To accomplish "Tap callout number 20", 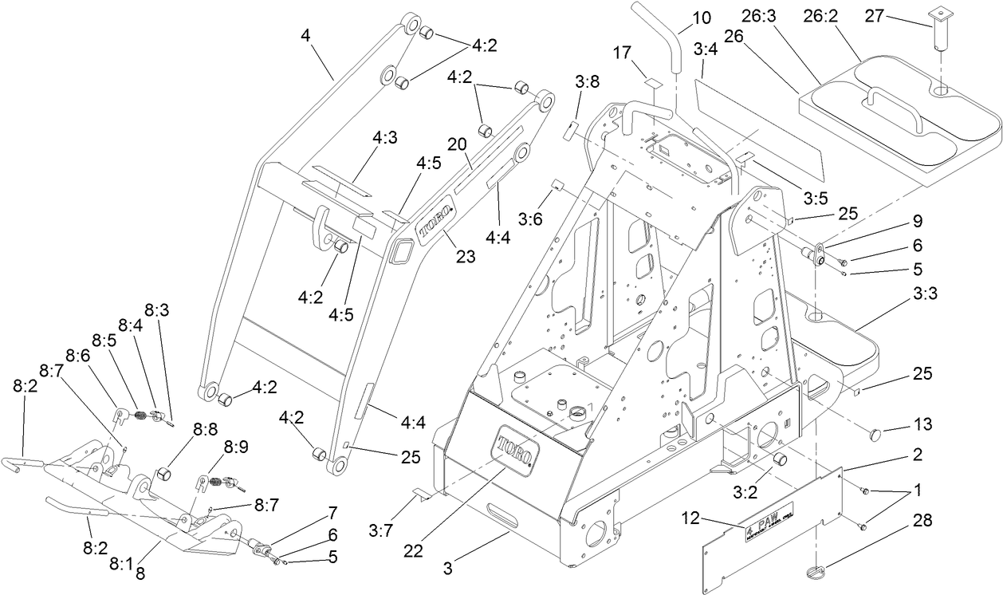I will (456, 144).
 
